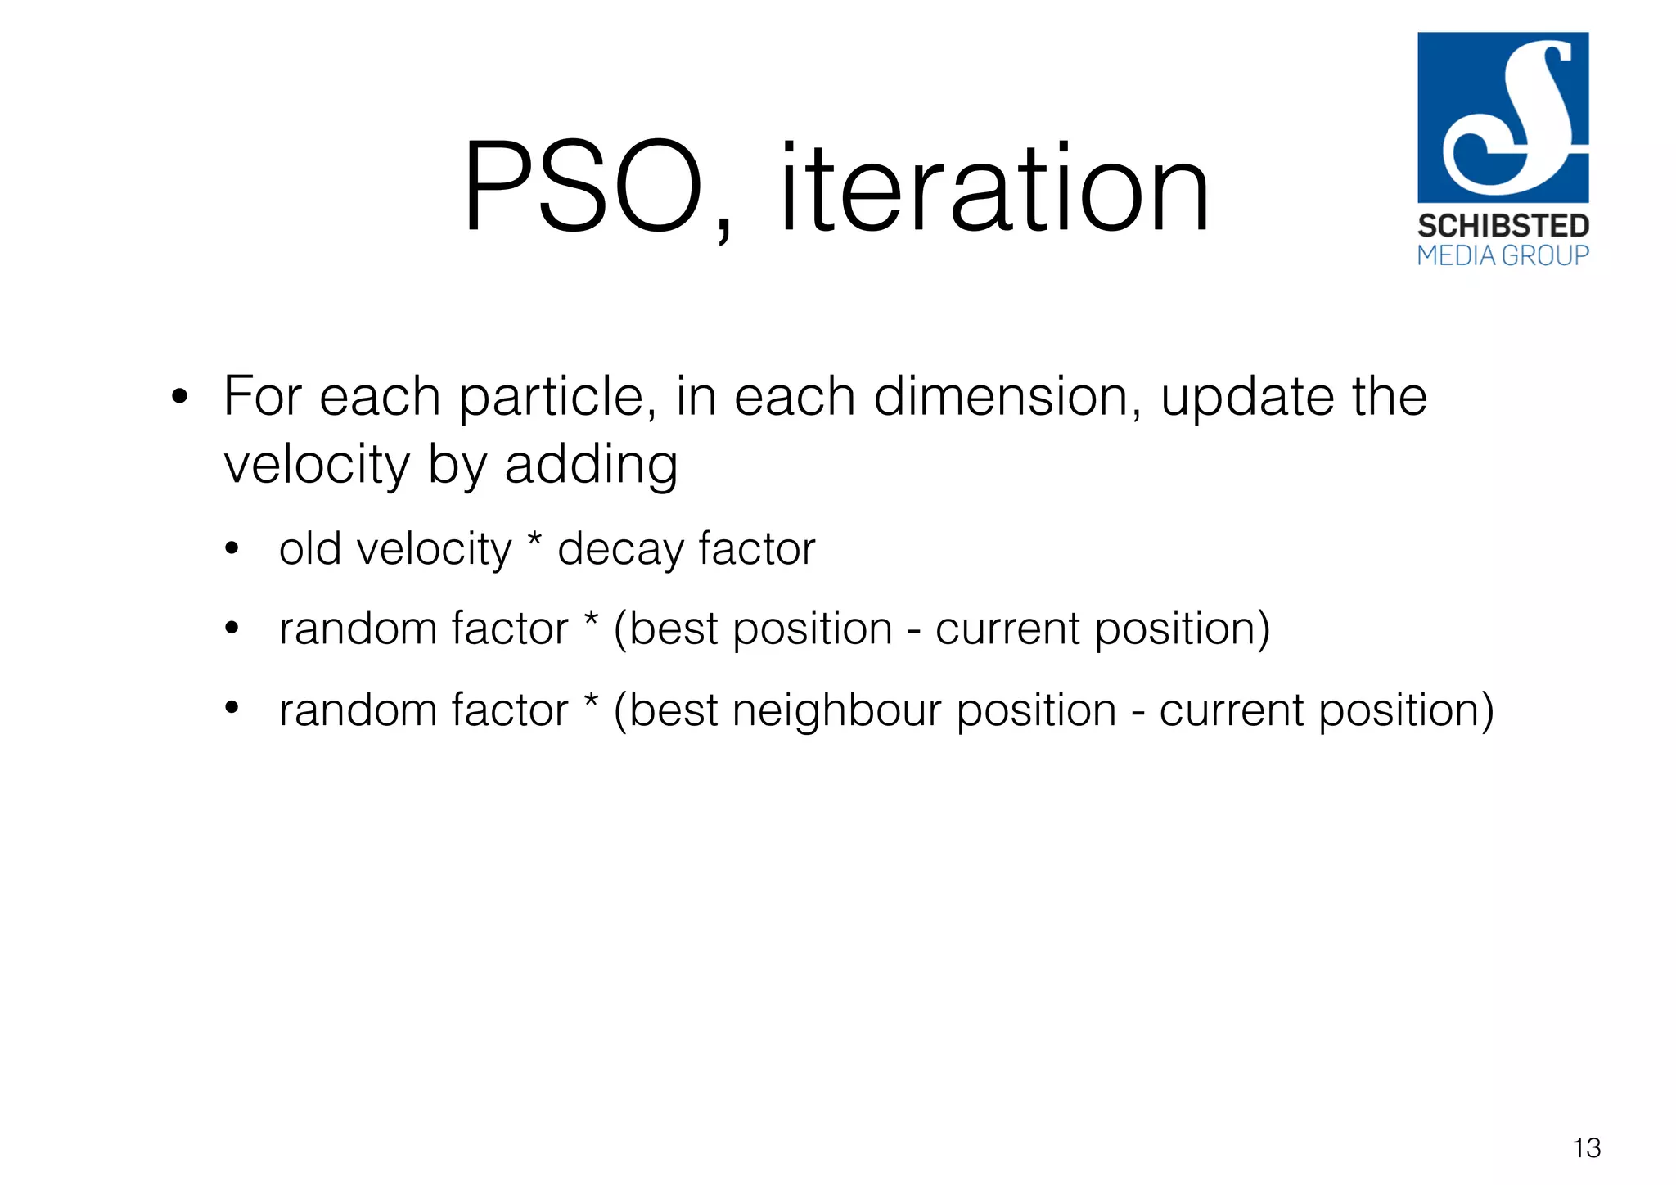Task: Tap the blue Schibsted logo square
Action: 1503,117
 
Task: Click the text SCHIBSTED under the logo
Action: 1503,226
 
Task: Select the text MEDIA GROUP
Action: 1503,256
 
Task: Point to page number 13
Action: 1586,1148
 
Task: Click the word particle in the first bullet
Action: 556,398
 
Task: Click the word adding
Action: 591,465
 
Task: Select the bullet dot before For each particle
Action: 180,399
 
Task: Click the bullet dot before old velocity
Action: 232,549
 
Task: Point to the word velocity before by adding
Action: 317,466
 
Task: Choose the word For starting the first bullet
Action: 263,398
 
